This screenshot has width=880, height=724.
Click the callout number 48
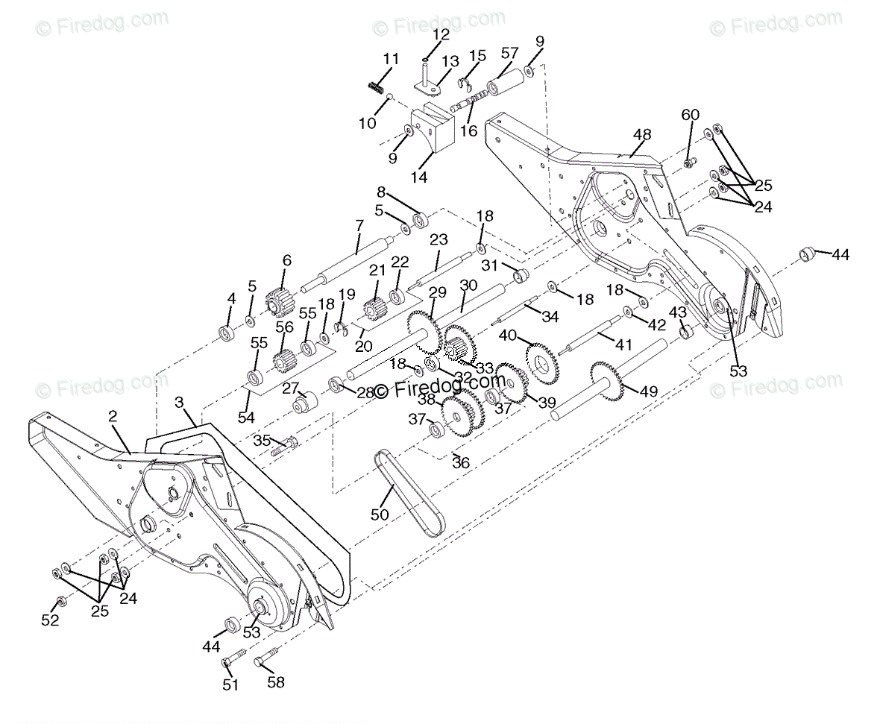click(x=641, y=134)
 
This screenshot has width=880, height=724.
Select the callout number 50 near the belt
click(x=380, y=514)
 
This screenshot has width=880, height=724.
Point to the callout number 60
click(x=691, y=114)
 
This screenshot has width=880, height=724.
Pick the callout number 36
click(x=461, y=463)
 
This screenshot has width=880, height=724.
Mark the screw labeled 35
click(x=286, y=447)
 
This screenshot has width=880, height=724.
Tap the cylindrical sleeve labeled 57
click(x=505, y=84)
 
